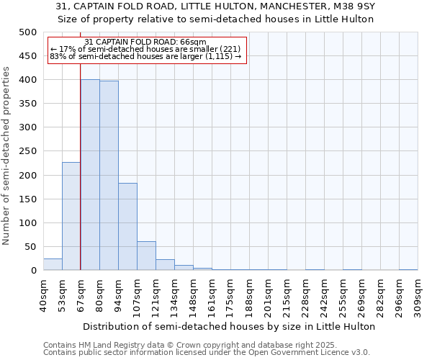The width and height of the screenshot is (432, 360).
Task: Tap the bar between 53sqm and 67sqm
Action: click(x=71, y=216)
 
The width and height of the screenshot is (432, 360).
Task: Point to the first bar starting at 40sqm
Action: click(x=53, y=264)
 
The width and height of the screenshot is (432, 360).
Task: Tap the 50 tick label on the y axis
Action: click(x=31, y=247)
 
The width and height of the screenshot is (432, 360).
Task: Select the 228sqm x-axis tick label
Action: click(x=306, y=294)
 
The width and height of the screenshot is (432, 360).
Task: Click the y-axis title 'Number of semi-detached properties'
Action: click(x=7, y=155)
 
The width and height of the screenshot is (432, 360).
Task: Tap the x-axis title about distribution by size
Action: click(x=228, y=326)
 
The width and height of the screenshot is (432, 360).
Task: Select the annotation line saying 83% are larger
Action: click(x=146, y=57)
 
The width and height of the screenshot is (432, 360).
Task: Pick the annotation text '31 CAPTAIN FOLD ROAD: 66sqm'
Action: click(x=145, y=42)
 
